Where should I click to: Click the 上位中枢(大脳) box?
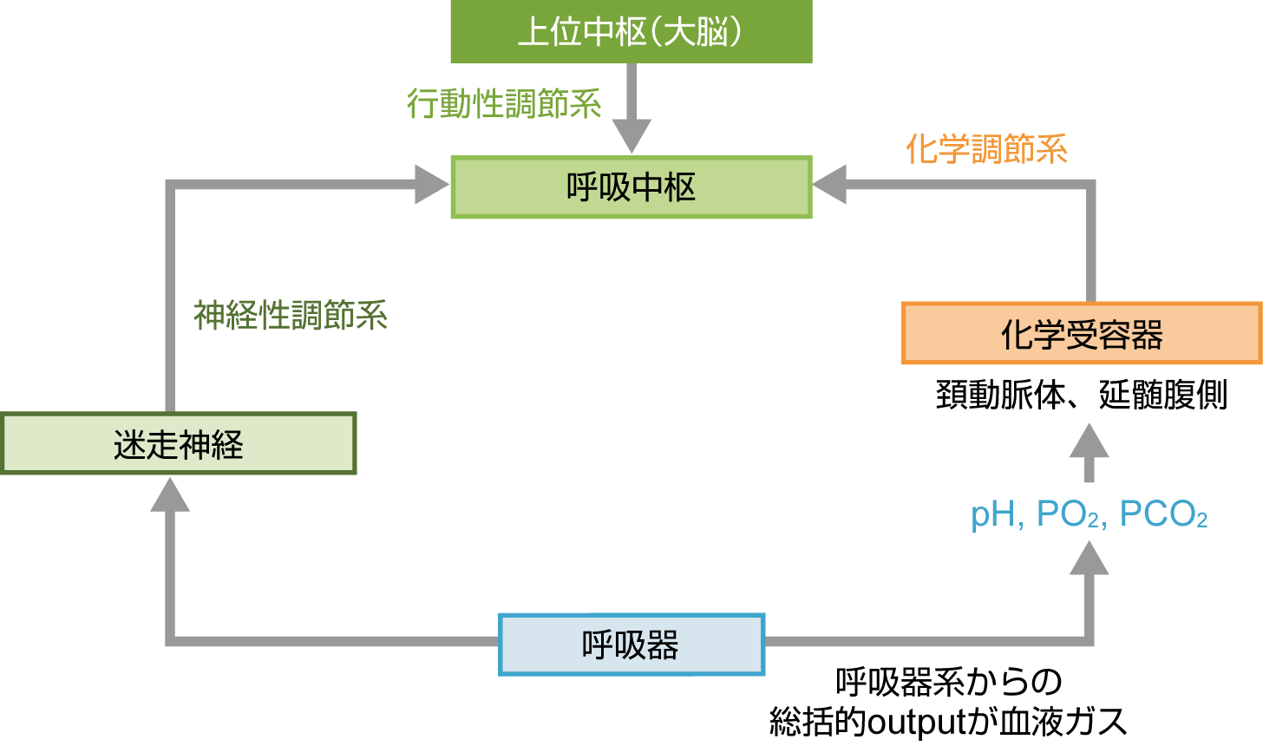pyautogui.click(x=631, y=32)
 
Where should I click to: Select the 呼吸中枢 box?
pyautogui.click(x=631, y=186)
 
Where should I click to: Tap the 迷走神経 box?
pyautogui.click(x=178, y=444)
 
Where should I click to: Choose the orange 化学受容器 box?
pyautogui.click(x=1082, y=334)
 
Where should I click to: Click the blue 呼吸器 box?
pyautogui.click(x=631, y=645)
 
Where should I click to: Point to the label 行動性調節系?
pyautogui.click(x=504, y=104)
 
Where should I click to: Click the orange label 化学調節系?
pyautogui.click(x=986, y=149)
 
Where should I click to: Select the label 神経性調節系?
pyautogui.click(x=290, y=315)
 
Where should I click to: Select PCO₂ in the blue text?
pyautogui.click(x=1163, y=514)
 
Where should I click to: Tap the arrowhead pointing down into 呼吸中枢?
pyautogui.click(x=631, y=137)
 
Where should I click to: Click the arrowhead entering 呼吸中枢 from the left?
pyautogui.click(x=433, y=185)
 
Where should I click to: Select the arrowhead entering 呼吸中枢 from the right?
pyautogui.click(x=829, y=185)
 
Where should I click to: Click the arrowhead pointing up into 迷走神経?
pyautogui.click(x=170, y=494)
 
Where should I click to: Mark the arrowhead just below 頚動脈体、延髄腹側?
pyautogui.click(x=1089, y=442)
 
